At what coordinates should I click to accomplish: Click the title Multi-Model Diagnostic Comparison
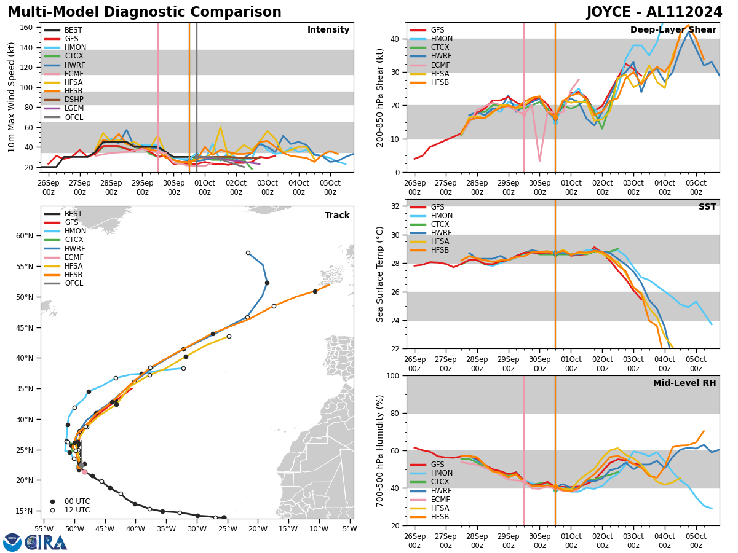[145, 12]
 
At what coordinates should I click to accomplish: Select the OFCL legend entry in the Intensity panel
[73, 117]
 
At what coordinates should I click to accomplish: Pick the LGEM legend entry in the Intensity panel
[73, 108]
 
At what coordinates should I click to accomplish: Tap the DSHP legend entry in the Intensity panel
[74, 100]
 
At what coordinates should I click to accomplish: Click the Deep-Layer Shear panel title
[673, 30]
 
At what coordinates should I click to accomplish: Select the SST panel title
[707, 207]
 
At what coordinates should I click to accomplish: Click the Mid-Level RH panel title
[684, 383]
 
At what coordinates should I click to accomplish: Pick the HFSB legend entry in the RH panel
[440, 517]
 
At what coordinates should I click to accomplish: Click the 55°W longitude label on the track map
[43, 529]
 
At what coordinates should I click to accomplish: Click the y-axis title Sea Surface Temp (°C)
[380, 274]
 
